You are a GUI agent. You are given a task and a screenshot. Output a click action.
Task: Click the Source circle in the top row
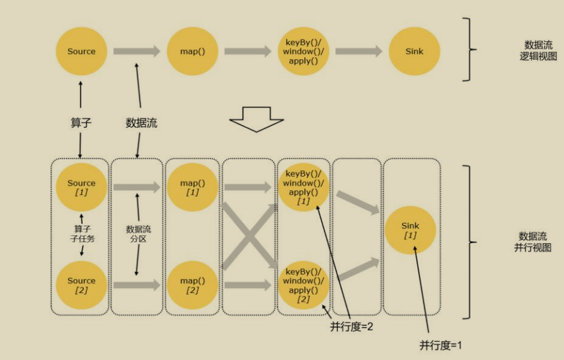[x=81, y=51]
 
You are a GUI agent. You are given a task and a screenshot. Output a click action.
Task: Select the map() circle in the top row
[x=192, y=51]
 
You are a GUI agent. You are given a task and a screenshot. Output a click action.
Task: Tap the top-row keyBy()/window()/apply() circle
[x=303, y=51]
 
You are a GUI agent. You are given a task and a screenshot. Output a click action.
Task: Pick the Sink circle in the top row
[x=414, y=51]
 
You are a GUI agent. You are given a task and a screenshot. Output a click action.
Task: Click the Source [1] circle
[x=81, y=187]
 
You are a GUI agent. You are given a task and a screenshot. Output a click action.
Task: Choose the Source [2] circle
[x=81, y=285]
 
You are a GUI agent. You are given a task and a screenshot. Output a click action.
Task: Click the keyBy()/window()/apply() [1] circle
[x=303, y=187]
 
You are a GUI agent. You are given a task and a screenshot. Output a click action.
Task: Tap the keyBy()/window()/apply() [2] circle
[x=303, y=285]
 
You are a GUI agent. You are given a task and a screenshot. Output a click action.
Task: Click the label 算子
[x=81, y=124]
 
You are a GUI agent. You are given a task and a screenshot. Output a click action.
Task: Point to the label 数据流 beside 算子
[x=141, y=124]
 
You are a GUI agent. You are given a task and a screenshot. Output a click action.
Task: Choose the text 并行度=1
[x=441, y=345]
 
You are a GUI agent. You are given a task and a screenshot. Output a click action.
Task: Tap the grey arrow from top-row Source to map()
[x=137, y=51]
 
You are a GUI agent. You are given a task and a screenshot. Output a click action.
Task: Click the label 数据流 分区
[x=137, y=234]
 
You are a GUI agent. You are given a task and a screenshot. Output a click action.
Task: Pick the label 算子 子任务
[x=81, y=234]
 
